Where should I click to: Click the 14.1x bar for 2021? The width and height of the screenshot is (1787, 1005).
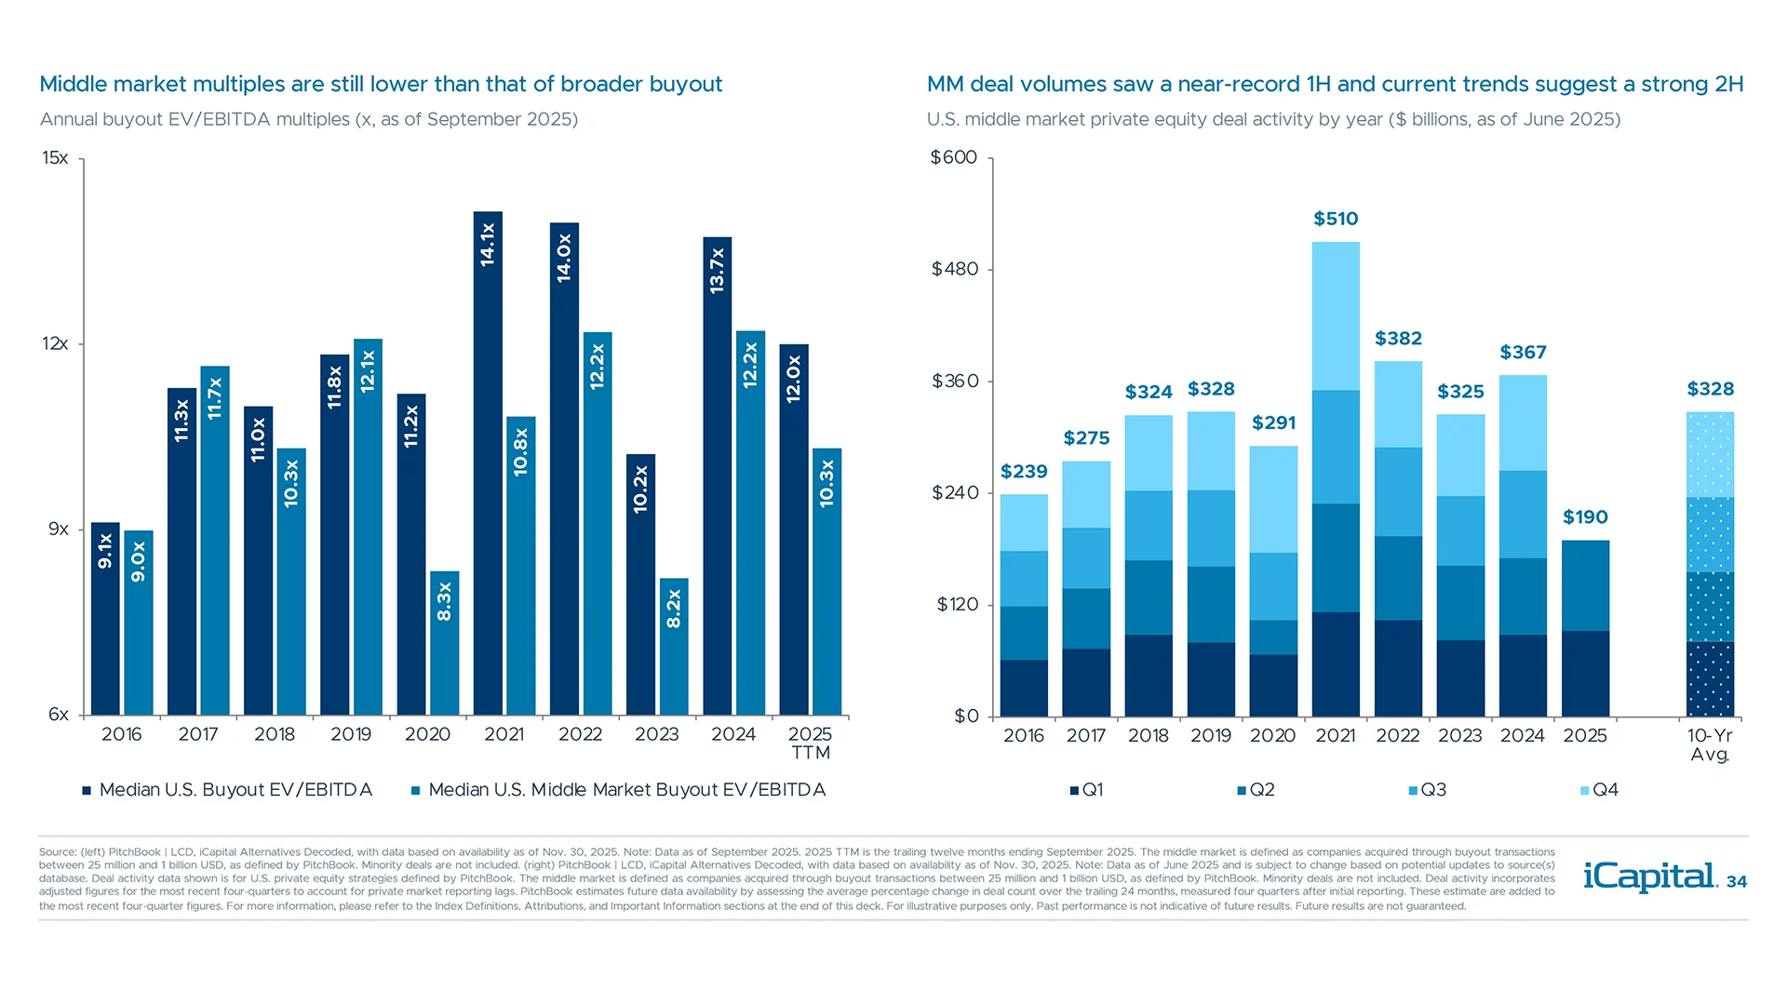[488, 465]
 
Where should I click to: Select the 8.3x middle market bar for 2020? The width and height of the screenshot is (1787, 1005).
[444, 644]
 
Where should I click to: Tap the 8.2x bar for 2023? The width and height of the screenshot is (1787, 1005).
[674, 648]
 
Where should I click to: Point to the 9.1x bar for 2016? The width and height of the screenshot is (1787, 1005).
[105, 620]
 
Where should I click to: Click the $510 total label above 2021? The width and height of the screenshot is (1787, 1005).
[1336, 219]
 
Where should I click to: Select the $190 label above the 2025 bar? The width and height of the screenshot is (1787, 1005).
[1585, 517]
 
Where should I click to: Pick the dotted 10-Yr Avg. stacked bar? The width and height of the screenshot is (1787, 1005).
[1710, 564]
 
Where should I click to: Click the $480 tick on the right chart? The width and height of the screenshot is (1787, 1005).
[955, 270]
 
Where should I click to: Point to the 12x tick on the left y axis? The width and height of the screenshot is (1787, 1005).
[55, 344]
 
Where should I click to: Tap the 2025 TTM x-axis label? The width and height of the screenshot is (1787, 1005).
[810, 744]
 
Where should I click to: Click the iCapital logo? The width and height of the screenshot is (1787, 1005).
[1649, 877]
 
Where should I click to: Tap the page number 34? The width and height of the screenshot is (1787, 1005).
[1737, 882]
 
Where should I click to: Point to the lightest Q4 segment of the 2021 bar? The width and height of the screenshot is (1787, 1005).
[1336, 316]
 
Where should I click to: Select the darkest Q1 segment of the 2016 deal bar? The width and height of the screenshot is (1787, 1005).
[1024, 688]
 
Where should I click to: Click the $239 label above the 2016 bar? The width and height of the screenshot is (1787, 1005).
[1024, 472]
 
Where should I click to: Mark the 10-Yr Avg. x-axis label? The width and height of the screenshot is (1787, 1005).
[1710, 744]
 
